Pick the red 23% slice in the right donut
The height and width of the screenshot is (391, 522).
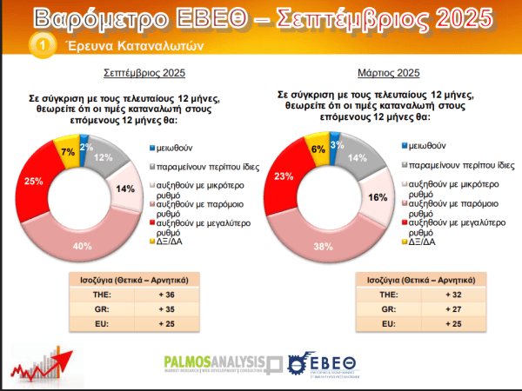coord(284,176)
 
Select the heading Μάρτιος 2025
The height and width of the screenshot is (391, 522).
coord(388,73)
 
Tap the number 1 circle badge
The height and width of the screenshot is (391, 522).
coord(39,46)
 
